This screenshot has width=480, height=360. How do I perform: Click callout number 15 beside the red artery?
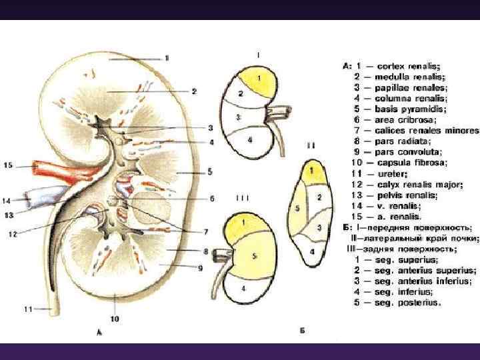(7, 164)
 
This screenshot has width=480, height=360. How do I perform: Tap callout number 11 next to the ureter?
(27, 308)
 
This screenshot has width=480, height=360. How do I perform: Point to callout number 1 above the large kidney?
(167, 58)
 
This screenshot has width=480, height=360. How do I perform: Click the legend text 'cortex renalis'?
(409, 66)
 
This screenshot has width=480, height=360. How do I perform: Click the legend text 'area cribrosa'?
(407, 120)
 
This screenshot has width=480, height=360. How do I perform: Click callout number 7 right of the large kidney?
(206, 231)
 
